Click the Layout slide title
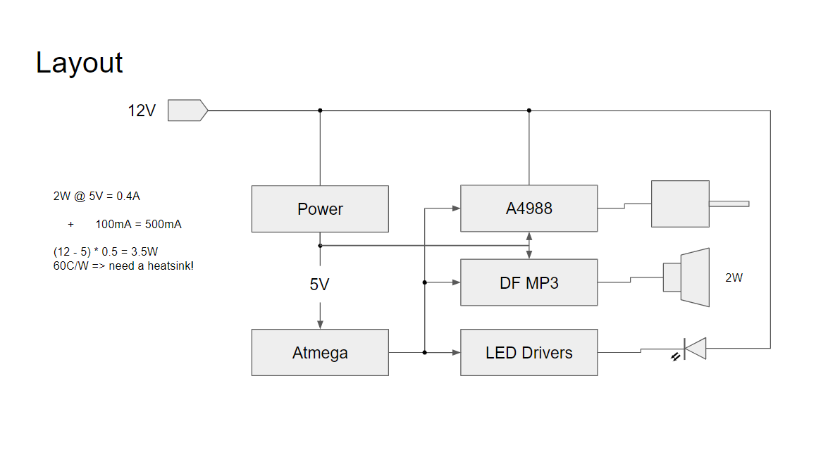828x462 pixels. (80, 63)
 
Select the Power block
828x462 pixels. (320, 209)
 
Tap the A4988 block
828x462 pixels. (529, 208)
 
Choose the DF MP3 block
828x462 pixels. (529, 282)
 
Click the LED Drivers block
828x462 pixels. (529, 352)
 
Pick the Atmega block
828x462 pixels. (320, 352)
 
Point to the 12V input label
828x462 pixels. (141, 111)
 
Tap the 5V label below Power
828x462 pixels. (320, 285)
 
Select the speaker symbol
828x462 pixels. (687, 277)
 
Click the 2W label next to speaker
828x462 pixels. (734, 277)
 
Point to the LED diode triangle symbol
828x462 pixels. (696, 348)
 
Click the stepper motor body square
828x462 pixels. (680, 204)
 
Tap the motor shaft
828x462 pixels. (729, 204)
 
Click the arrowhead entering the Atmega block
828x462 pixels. (320, 325)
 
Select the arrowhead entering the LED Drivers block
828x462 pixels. (456, 352)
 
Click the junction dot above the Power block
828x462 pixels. (320, 111)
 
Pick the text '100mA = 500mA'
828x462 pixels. (138, 225)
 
